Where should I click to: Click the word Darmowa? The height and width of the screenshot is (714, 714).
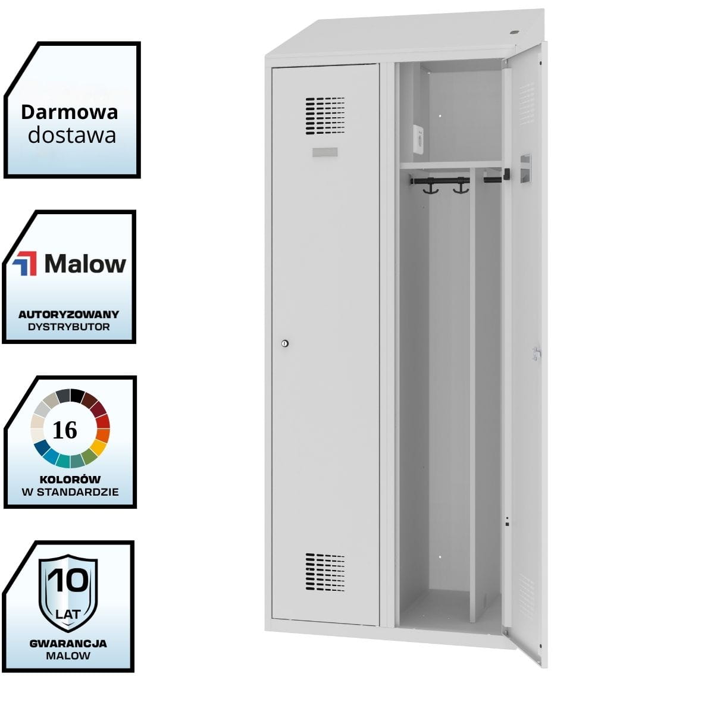[69, 112]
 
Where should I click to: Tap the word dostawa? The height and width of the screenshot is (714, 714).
[71, 135]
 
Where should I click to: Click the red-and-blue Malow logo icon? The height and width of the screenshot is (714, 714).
[24, 264]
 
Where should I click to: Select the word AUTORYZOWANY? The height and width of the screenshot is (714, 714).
[68, 314]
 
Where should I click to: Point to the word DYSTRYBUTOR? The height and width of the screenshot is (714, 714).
[68, 327]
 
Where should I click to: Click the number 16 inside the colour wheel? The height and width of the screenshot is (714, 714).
[65, 430]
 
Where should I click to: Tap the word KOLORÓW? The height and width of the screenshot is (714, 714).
[70, 479]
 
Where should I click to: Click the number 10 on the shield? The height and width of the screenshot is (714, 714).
[68, 581]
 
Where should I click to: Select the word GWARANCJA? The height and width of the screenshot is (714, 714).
[68, 643]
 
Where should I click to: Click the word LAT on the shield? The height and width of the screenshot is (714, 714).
[68, 613]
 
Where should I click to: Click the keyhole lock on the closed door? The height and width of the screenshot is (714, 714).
[284, 343]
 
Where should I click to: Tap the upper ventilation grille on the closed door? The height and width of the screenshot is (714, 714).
[325, 115]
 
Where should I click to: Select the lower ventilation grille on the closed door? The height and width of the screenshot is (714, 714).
[325, 572]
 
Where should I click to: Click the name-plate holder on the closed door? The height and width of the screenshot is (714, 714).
[325, 152]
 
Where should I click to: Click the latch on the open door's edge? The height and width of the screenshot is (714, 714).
[537, 353]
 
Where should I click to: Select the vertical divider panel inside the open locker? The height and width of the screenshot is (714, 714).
[472, 393]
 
